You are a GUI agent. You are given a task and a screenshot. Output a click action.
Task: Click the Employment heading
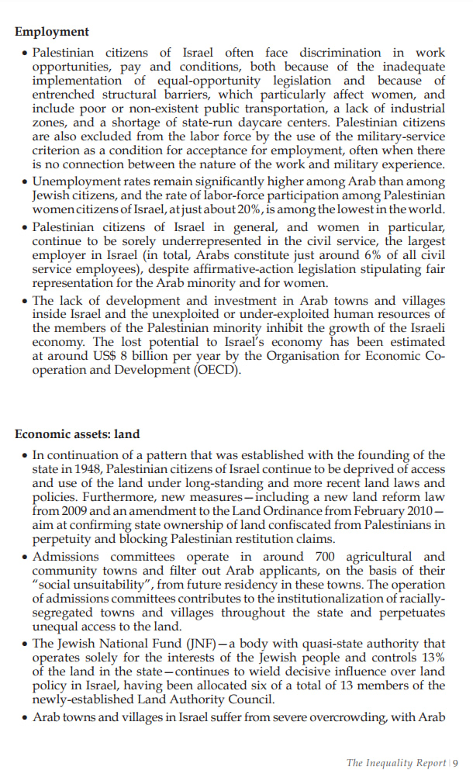(52, 32)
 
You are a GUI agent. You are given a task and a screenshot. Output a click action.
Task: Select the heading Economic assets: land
(78, 434)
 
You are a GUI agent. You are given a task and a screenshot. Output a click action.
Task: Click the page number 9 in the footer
(456, 763)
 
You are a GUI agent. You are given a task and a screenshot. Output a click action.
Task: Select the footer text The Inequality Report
(395, 763)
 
